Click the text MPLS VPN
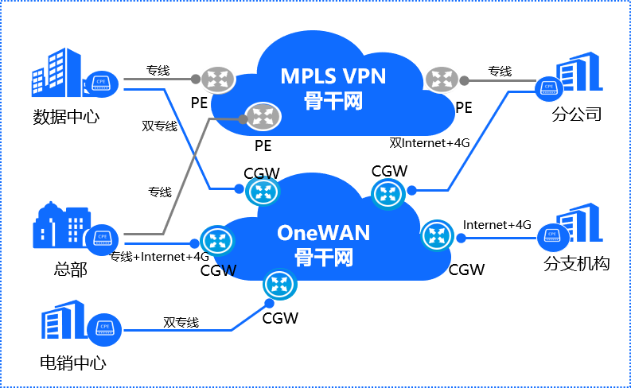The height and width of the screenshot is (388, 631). point(333,76)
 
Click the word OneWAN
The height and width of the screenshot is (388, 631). point(324,233)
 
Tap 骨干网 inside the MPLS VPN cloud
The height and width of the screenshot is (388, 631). point(333,101)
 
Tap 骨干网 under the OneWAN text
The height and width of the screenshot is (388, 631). point(324,258)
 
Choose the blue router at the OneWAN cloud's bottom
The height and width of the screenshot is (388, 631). point(279,284)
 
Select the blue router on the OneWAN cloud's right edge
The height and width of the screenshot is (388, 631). point(436,235)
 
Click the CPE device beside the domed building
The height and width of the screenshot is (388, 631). point(101,239)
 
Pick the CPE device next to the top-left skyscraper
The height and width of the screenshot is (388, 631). point(101,82)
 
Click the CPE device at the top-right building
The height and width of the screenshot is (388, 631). point(549,87)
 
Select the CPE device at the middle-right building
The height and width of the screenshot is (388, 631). point(553,236)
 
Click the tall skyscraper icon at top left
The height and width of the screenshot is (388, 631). point(56,72)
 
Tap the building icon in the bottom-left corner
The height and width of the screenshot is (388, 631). point(63,320)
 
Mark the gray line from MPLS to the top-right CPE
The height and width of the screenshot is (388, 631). point(501,80)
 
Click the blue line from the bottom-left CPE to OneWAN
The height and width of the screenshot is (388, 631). point(175,330)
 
